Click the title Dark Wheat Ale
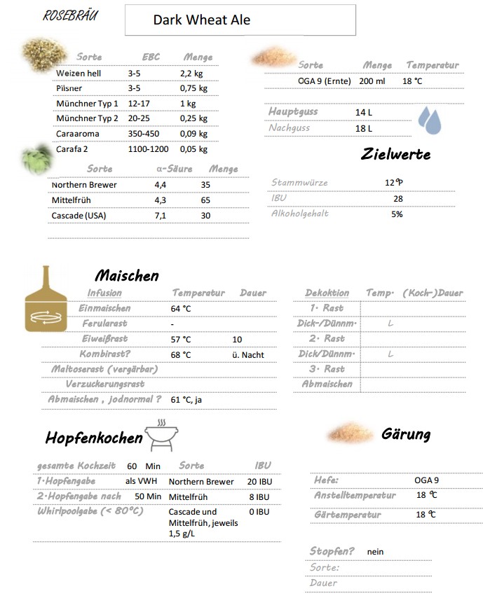coord(201,20)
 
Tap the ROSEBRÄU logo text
coord(70,15)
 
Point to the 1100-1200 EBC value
coord(148,149)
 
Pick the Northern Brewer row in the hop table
coord(84,185)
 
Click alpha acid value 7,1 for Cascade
coord(160,216)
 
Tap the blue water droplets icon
coord(429,120)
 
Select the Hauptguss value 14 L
coord(363,112)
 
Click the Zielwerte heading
coord(395,154)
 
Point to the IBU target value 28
coord(397,199)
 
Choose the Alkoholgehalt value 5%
coord(397,214)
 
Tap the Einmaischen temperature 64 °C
coord(181,309)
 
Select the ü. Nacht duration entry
coord(248,355)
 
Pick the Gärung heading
coord(405,434)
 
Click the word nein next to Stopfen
coord(375,552)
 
